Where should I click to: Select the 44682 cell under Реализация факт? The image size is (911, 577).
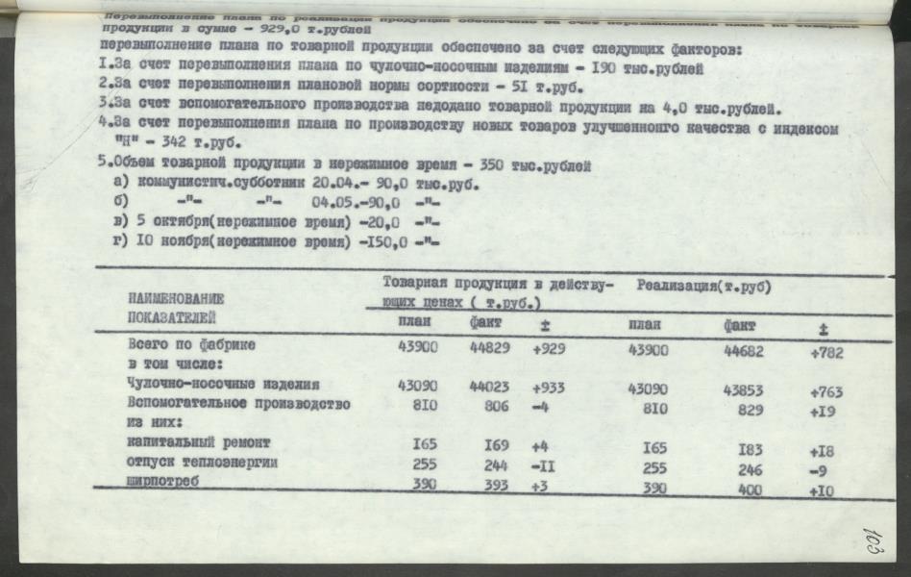[744, 351]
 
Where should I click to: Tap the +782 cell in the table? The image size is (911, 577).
[826, 353]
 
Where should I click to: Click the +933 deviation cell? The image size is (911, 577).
[549, 387]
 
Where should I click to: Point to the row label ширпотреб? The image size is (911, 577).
[162, 484]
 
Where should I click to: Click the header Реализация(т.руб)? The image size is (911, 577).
[703, 286]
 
